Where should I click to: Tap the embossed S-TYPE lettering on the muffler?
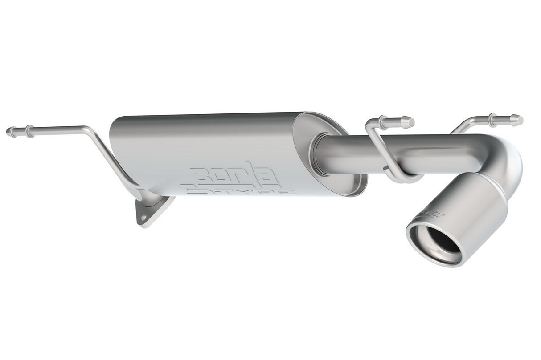pos(241,190)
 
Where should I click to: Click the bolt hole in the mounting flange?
pos(143,218)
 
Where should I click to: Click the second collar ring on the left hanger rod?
pos(29,130)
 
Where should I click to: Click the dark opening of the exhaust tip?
pos(439,240)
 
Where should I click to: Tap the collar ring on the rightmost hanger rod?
pos(492,120)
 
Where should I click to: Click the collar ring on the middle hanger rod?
pos(383,121)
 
